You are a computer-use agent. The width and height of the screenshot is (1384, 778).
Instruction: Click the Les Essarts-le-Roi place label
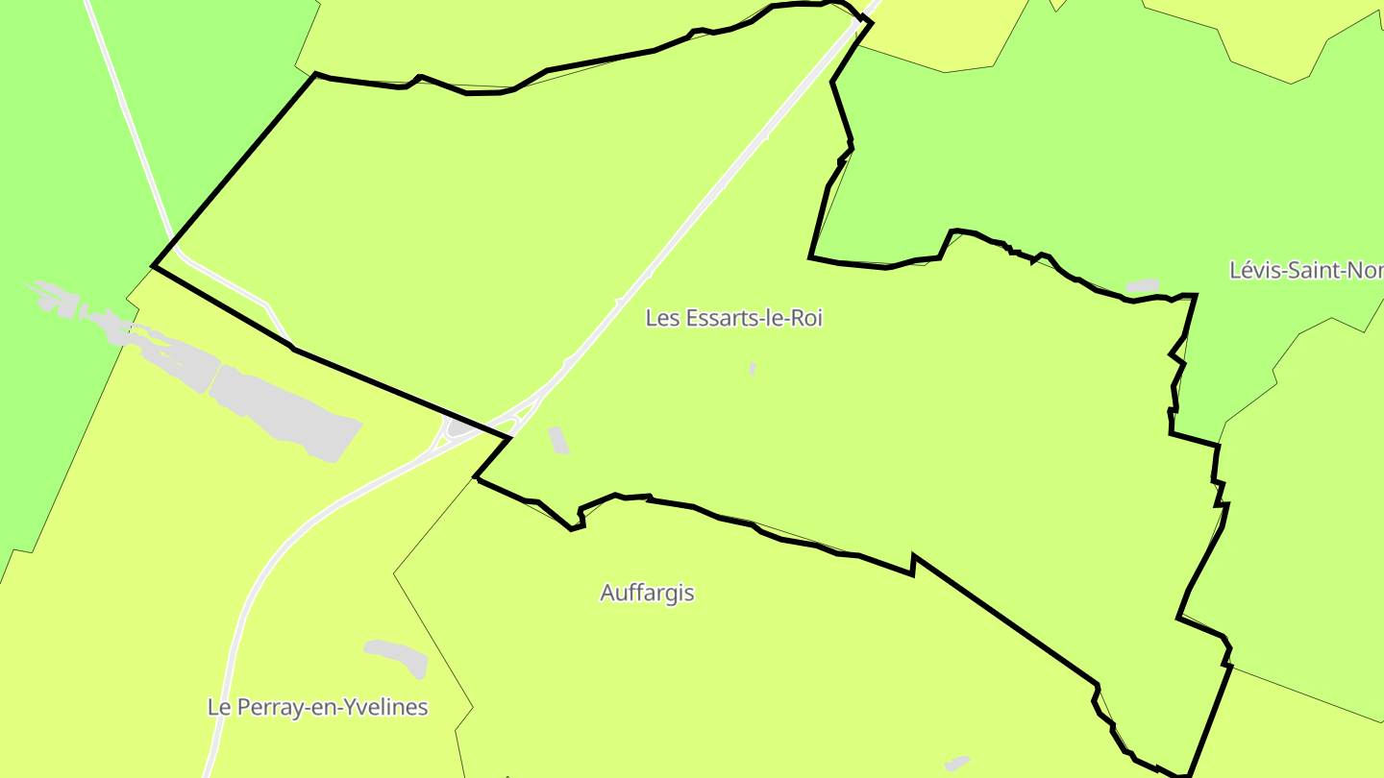click(733, 318)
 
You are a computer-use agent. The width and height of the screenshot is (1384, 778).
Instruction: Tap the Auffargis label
click(647, 593)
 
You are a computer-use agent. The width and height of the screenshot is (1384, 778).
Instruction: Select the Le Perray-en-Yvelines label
click(317, 708)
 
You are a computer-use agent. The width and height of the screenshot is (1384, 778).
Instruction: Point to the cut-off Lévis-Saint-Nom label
click(1306, 271)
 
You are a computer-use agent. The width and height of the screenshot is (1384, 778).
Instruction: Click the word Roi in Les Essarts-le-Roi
click(805, 318)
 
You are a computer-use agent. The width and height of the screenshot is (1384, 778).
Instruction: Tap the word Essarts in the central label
click(715, 318)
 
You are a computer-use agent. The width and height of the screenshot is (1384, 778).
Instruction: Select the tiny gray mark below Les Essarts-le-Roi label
click(753, 369)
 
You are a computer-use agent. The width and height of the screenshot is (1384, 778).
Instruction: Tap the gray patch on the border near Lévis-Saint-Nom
click(1143, 286)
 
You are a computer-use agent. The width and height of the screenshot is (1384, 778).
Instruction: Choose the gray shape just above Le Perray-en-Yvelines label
click(397, 657)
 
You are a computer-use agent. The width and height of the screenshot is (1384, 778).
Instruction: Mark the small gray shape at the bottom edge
click(957, 764)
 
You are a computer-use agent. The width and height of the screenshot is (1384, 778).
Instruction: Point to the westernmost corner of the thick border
click(154, 266)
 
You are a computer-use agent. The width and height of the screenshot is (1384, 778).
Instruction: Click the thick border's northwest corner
click(315, 74)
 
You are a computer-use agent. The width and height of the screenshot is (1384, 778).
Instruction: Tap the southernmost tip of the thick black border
click(1187, 774)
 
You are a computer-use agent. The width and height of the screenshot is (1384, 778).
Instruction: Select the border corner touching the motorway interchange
click(509, 438)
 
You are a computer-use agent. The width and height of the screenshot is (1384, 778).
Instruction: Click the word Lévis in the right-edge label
click(1250, 271)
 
